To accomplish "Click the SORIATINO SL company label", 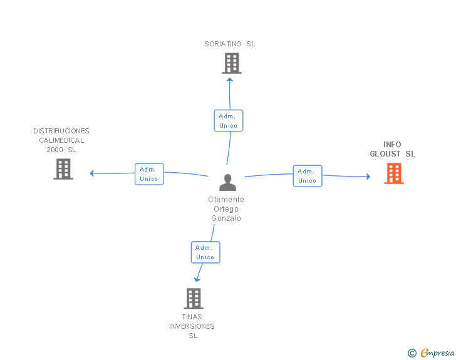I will tap(230, 44).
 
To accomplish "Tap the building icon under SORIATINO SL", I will tap(231, 63).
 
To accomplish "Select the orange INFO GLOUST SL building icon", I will tap(394, 173).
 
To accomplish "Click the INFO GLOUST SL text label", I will tap(392, 149).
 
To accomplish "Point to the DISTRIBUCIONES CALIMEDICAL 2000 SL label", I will tap(61, 140).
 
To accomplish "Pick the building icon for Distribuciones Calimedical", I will tap(63, 169).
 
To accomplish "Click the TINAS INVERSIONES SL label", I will tap(192, 326).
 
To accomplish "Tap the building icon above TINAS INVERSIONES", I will tap(194, 299).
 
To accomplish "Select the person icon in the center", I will tap(227, 183).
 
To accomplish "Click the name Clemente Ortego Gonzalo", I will tap(226, 209).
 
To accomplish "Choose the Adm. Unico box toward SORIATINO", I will tap(229, 121).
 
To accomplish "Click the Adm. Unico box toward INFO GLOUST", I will tap(307, 176).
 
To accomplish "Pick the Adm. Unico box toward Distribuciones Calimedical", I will tap(149, 174).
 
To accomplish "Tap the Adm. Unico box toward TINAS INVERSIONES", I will tap(205, 252).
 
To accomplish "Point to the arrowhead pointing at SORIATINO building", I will tap(230, 79).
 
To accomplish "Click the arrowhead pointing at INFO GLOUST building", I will tap(368, 177).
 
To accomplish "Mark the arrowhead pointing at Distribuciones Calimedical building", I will tap(92, 173).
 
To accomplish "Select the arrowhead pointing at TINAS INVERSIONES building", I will tap(197, 279).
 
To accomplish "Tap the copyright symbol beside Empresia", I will tap(412, 354).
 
